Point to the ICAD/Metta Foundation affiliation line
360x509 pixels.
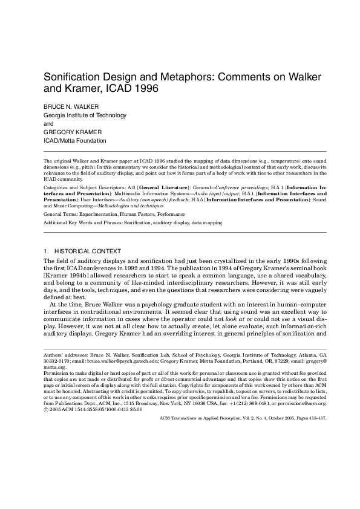point(74,141)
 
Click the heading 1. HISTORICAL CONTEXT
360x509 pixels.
point(82,251)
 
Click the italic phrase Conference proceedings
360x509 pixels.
point(237,189)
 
